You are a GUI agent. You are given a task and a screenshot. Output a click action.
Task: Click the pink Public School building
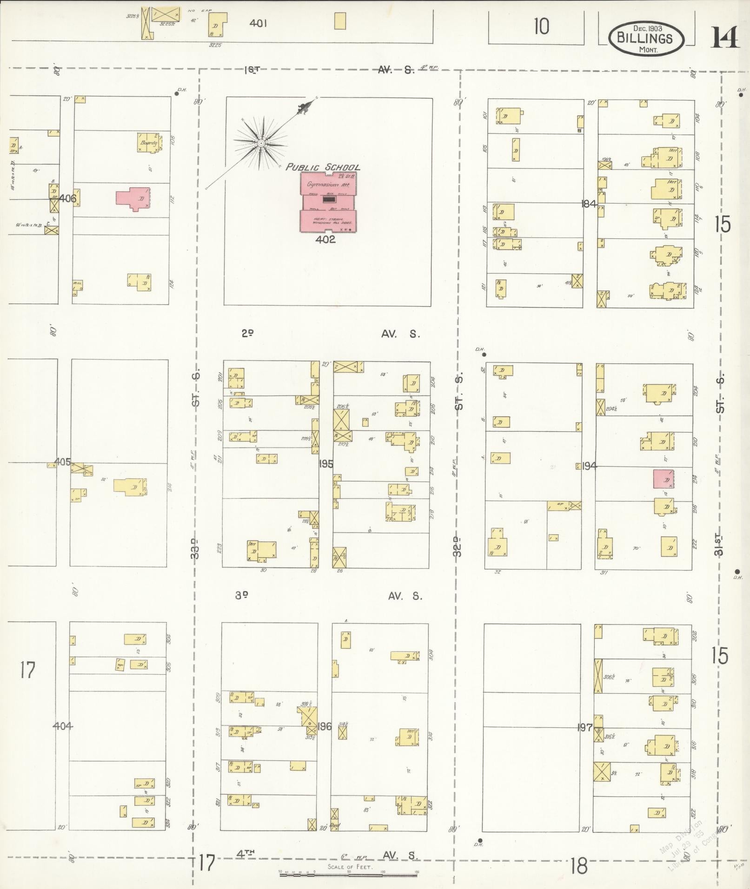[x=328, y=203]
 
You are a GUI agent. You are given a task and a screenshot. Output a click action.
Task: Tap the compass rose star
[x=261, y=143]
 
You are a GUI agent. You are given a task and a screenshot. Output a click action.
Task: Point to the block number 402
[x=325, y=239]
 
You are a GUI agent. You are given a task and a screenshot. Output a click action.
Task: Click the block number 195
[x=325, y=463]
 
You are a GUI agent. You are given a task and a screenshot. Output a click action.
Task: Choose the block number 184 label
[x=589, y=203]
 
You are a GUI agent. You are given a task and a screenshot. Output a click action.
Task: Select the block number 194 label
[x=589, y=466]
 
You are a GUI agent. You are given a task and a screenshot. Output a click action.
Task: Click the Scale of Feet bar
[x=348, y=874]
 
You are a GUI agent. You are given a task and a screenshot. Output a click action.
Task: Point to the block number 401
[x=258, y=23]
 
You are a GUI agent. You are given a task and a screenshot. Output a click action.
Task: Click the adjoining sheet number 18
[x=578, y=866]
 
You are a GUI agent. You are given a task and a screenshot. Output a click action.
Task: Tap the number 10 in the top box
[x=541, y=26]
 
